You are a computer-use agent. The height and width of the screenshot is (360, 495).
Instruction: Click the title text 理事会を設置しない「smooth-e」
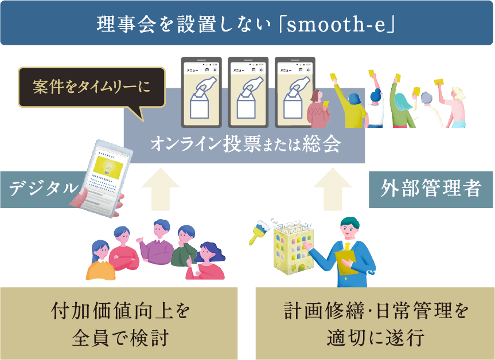pos(247,24)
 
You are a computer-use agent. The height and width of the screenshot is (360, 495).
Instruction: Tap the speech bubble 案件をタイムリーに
pos(91,87)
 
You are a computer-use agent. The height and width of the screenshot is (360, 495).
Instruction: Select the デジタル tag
pos(42,187)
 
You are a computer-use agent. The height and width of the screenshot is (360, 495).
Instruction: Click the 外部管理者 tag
pos(431,187)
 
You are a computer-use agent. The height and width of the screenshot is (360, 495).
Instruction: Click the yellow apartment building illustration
pos(293,247)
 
